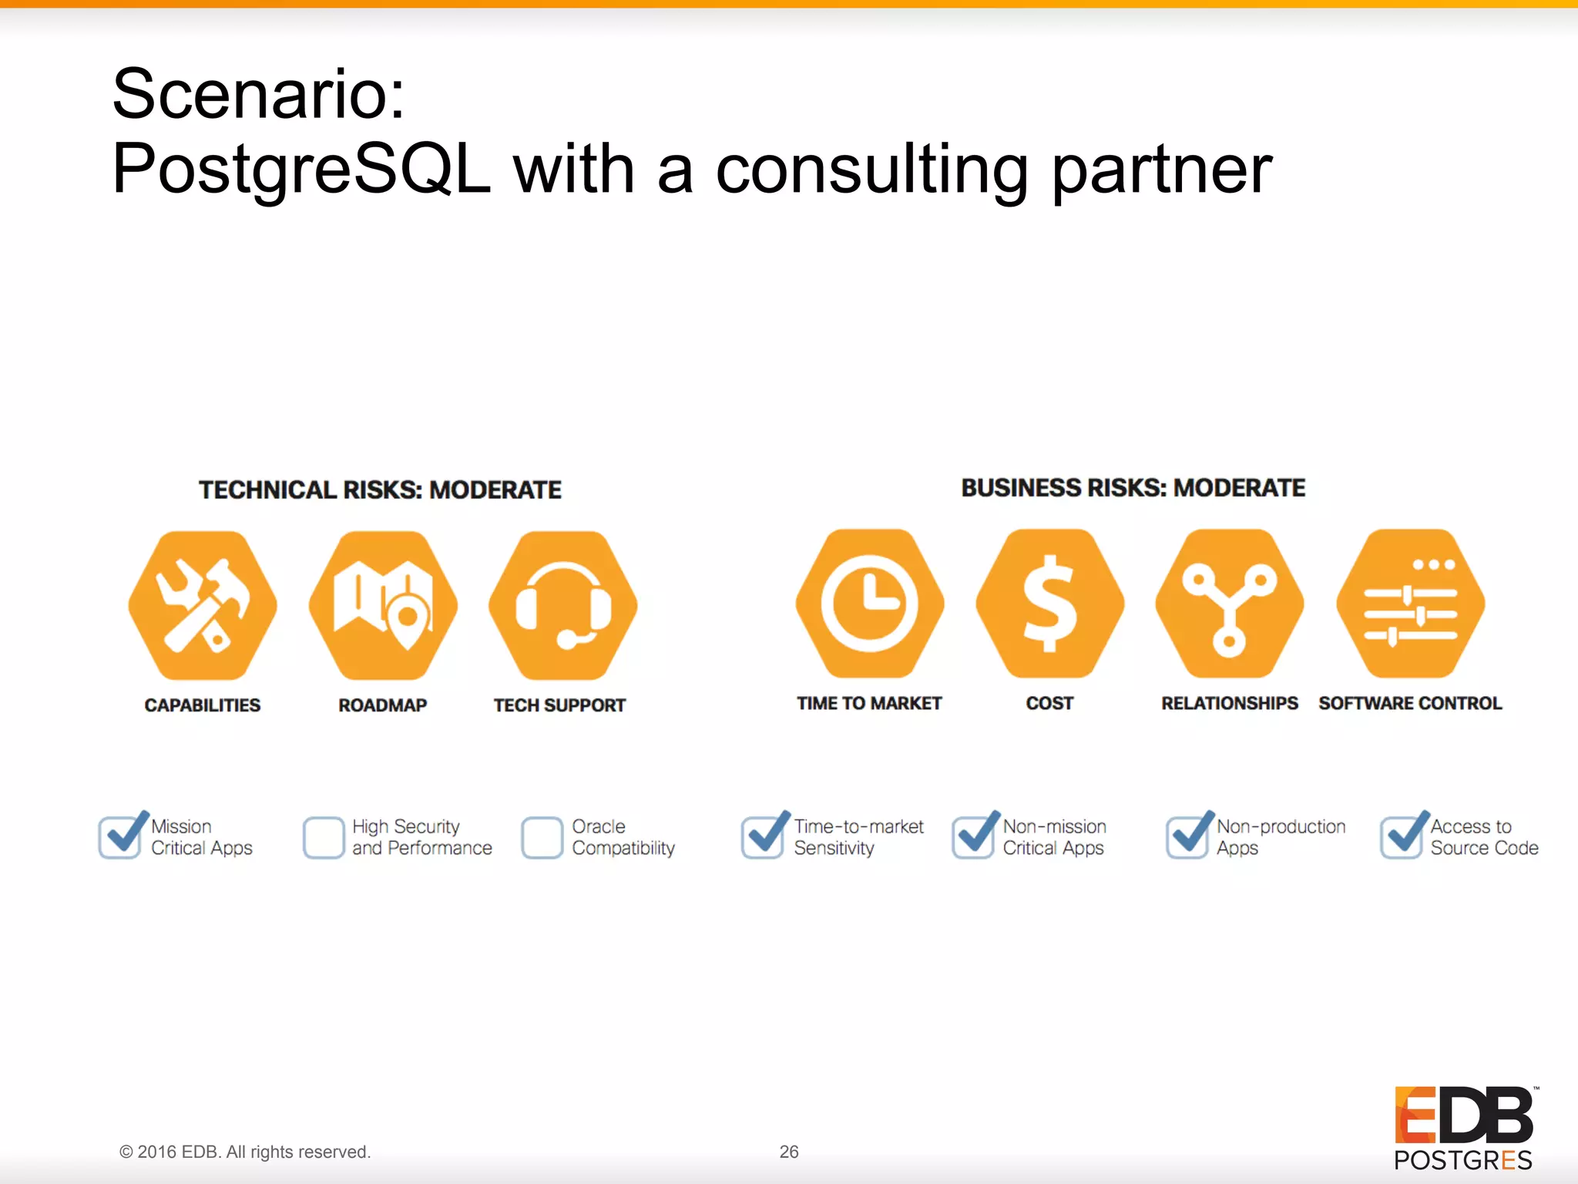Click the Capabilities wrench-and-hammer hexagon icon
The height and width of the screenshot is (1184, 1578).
[203, 605]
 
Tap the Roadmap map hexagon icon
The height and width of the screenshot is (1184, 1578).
[383, 605]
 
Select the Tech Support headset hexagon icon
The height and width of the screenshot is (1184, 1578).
[563, 605]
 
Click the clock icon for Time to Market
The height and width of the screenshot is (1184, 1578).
[870, 604]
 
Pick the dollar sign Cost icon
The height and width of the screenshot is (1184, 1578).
[1049, 604]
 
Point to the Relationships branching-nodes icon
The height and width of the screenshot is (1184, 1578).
[1230, 604]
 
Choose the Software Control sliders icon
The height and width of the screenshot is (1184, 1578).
[1410, 604]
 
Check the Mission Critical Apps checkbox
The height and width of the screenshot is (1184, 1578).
[120, 837]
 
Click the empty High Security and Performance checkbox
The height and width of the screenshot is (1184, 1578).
[324, 837]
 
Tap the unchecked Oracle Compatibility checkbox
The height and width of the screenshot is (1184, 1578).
[542, 837]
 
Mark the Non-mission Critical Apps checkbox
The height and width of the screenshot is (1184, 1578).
[973, 837]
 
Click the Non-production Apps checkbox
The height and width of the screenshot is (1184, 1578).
[1187, 837]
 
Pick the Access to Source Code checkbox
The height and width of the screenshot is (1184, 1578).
[1402, 837]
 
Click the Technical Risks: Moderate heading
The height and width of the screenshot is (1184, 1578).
[380, 490]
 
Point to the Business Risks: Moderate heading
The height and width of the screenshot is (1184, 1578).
[1133, 488]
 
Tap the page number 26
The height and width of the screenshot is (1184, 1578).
[789, 1152]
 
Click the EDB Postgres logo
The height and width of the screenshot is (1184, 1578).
[1463, 1128]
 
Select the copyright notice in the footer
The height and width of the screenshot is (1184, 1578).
[245, 1152]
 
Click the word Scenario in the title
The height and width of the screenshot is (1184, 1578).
[258, 94]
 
